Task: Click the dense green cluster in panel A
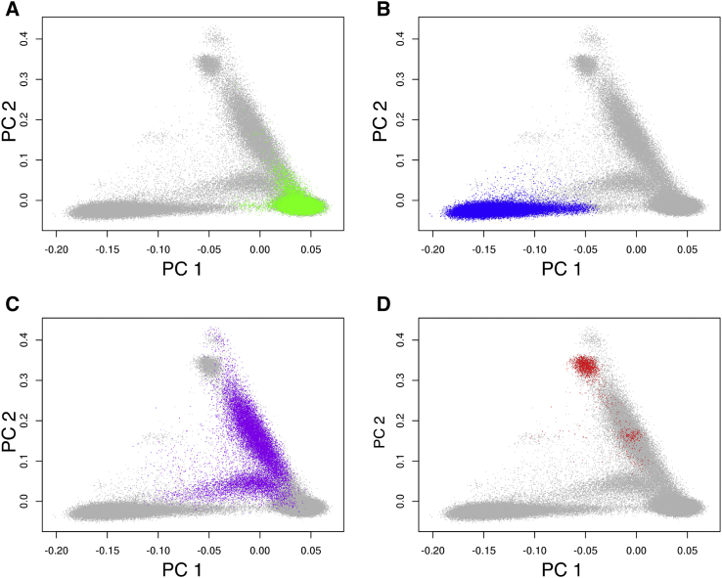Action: coord(298,203)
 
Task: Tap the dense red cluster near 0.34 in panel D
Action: coord(585,366)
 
